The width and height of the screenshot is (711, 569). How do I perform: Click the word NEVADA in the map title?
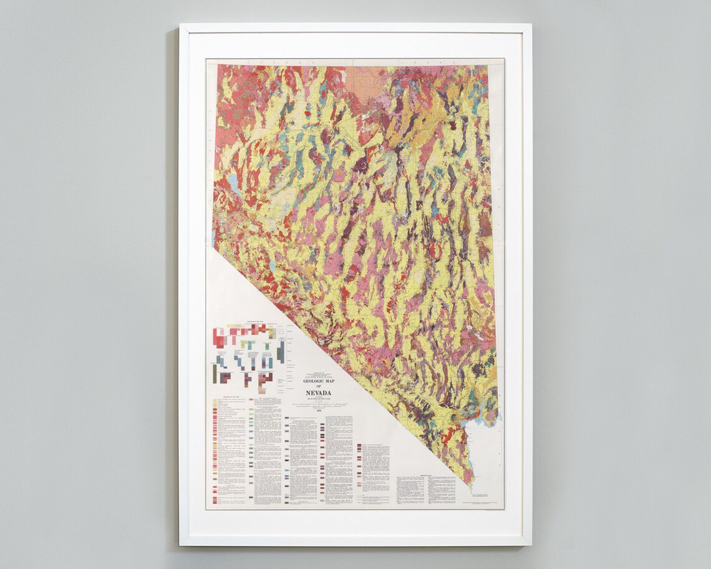click(x=319, y=392)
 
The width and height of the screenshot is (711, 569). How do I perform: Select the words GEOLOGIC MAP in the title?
click(x=319, y=381)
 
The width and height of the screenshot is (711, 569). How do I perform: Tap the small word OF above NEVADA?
click(x=319, y=386)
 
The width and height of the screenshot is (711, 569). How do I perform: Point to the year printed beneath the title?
click(x=319, y=412)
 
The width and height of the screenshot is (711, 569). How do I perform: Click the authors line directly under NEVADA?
click(x=319, y=399)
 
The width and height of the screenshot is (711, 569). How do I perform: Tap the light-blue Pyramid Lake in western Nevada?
click(x=233, y=182)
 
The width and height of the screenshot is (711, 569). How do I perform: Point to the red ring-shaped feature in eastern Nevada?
click(x=438, y=251)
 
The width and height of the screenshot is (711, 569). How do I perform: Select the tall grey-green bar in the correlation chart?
click(x=281, y=352)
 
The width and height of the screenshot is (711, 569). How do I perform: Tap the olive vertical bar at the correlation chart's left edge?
click(x=215, y=373)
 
